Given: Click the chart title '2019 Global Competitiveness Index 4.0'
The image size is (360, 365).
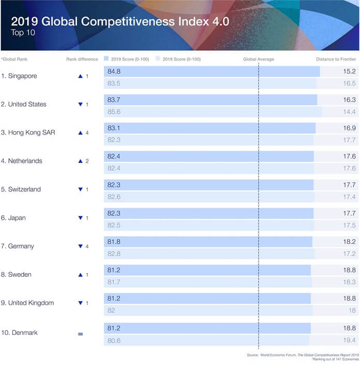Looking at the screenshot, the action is pos(120,21).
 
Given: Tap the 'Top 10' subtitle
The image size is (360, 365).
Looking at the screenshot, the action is pos(23,33).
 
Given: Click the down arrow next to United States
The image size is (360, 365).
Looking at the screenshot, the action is pos(81,104).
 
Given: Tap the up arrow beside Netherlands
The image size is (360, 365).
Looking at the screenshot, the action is pos(81,161).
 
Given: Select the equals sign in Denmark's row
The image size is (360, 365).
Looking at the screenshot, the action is pos(80,334).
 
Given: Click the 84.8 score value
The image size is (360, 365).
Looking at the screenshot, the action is pos(114,71).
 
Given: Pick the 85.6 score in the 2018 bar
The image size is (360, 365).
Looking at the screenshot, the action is pos(114,112).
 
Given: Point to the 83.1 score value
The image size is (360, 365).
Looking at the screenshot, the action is pos(114,128).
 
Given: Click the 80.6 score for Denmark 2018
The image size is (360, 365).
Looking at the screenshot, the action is pos(114,341).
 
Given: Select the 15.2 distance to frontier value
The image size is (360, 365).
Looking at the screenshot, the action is pos(349,71).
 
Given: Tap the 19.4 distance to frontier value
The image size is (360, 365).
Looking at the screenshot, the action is pos(349,340).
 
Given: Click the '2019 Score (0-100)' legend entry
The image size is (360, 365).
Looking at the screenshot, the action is pos(127,59).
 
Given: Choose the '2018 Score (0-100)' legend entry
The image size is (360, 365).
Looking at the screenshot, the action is pos(178,59).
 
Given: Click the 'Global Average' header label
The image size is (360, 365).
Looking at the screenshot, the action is pos(259,59).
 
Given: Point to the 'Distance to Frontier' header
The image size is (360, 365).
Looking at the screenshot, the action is pos(336,59).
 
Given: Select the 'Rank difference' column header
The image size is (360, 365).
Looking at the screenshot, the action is pos(82,59).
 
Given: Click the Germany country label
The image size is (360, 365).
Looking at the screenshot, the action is pos(18,246).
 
